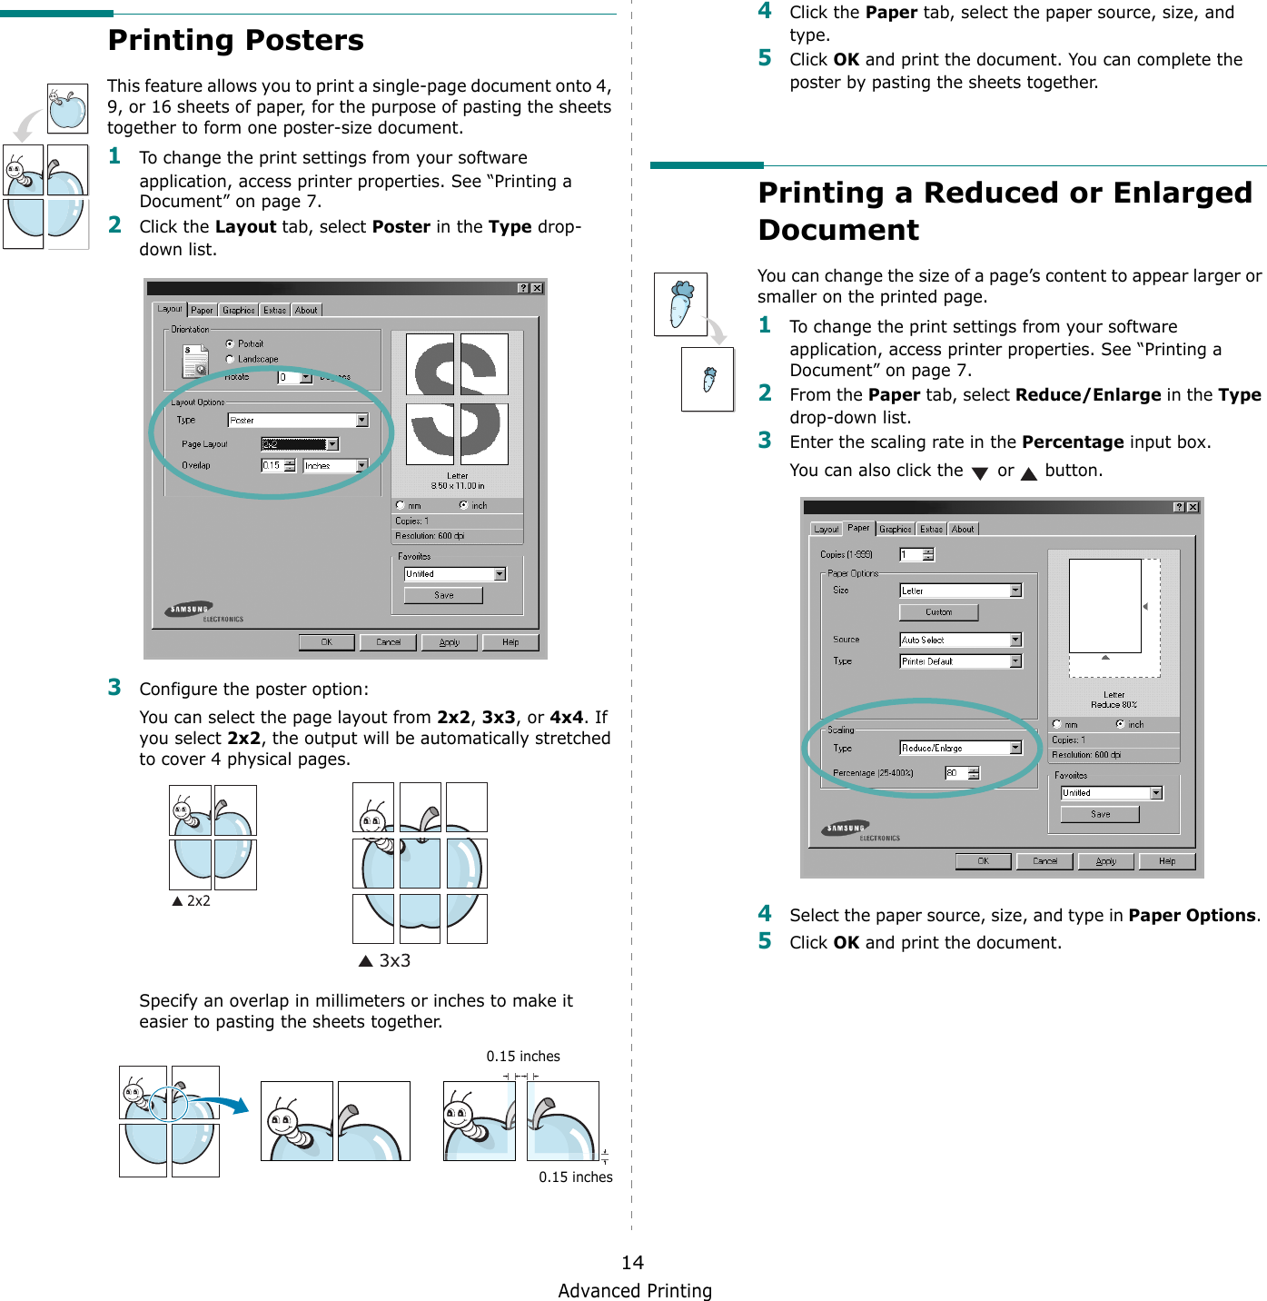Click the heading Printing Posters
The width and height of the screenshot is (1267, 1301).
[235, 41]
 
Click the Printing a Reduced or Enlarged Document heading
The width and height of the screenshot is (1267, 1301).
[1005, 211]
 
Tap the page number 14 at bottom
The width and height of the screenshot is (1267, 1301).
[632, 1262]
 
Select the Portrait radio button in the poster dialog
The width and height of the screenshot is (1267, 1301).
[230, 344]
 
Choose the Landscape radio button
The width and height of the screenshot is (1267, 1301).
[230, 360]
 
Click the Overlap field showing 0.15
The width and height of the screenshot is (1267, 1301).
[272, 466]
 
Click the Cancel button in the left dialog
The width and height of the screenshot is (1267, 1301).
[388, 642]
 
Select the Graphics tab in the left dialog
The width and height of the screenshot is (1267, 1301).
[238, 311]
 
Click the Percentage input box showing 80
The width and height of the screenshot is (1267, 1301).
[956, 773]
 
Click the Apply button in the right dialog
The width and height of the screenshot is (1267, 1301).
[1105, 861]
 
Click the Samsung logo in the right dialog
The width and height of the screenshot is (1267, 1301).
[846, 829]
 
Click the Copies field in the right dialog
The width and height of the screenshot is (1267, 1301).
[911, 555]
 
